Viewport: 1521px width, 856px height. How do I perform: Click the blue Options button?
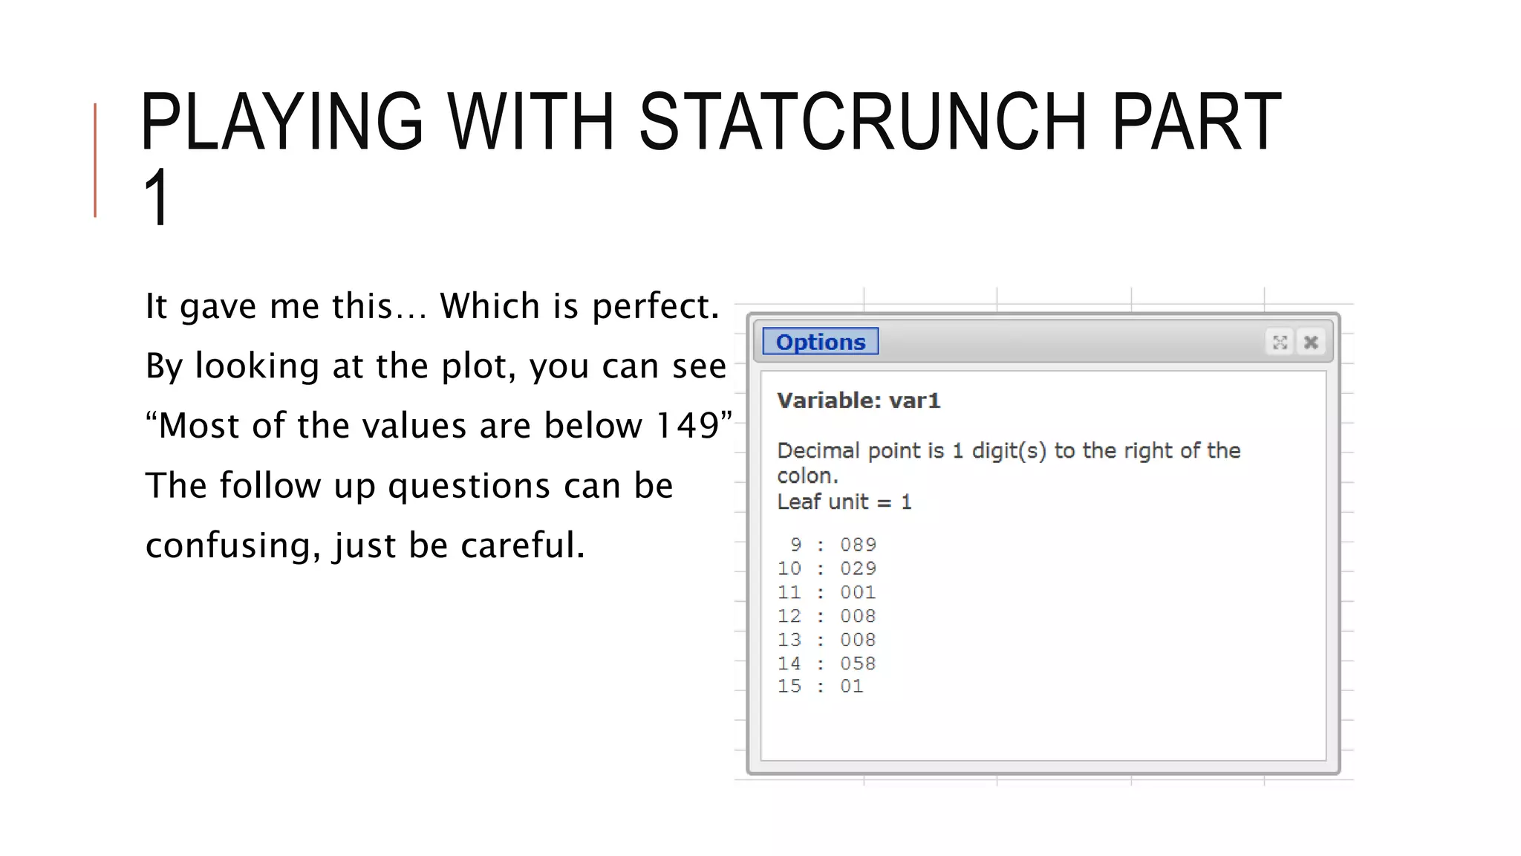point(820,342)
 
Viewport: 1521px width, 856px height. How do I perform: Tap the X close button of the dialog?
point(1311,342)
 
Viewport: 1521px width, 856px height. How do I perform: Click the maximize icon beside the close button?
point(1280,342)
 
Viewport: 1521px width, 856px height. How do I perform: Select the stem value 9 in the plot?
point(795,545)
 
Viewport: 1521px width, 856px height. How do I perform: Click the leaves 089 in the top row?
point(858,545)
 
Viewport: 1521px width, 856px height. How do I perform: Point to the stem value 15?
point(789,686)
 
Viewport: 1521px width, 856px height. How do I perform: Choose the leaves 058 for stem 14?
point(858,663)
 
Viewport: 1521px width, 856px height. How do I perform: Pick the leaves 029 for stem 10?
point(858,568)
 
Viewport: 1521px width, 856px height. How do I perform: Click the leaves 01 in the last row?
point(851,686)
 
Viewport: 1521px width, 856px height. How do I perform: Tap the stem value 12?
point(789,616)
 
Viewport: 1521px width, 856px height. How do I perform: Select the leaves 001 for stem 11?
point(858,592)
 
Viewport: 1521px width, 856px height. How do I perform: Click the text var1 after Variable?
point(914,401)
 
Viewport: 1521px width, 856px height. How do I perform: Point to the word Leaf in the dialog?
point(798,502)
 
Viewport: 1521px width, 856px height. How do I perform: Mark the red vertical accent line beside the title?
point(95,160)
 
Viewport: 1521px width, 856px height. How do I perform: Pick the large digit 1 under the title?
point(157,197)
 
